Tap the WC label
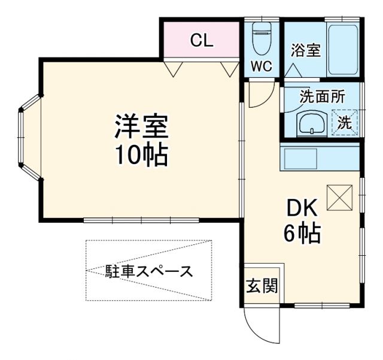[262, 66]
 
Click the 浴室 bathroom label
[306, 51]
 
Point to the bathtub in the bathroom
[342, 48]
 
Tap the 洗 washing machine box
[345, 123]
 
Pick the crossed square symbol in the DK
[340, 197]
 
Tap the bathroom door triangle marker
[293, 69]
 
